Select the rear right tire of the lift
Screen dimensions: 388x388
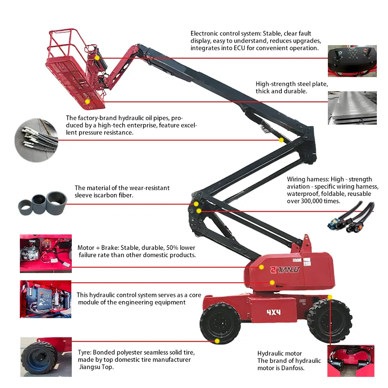[329, 320]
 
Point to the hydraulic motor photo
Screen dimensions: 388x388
[350, 361]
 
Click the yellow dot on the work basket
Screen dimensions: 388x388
[87, 102]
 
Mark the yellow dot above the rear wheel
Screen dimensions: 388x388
[330, 297]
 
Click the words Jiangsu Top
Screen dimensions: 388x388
[94, 367]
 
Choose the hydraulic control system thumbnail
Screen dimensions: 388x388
[45, 299]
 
